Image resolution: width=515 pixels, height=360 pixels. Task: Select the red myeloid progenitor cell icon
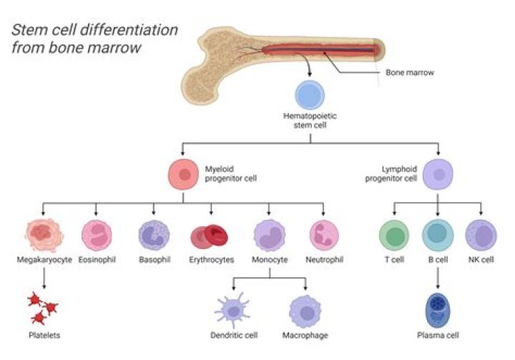(183, 174)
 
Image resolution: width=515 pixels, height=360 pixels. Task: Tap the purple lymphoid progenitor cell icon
(437, 174)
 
